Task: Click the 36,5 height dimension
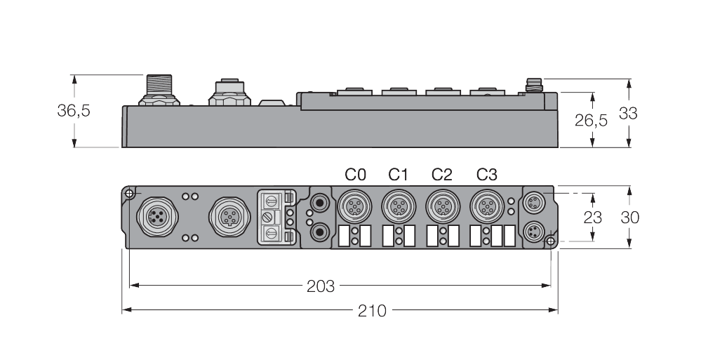[x=73, y=111]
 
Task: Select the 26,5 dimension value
[x=591, y=120]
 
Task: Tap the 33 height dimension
[x=628, y=112]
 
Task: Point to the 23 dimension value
[x=593, y=217]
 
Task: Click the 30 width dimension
[x=629, y=217]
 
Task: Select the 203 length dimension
[x=321, y=286]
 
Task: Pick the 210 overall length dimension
[x=372, y=309]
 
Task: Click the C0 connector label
[x=355, y=174]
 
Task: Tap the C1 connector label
[x=399, y=174]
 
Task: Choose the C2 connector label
[x=442, y=174]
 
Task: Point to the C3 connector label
[x=486, y=174]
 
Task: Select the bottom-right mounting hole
[x=551, y=242]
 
